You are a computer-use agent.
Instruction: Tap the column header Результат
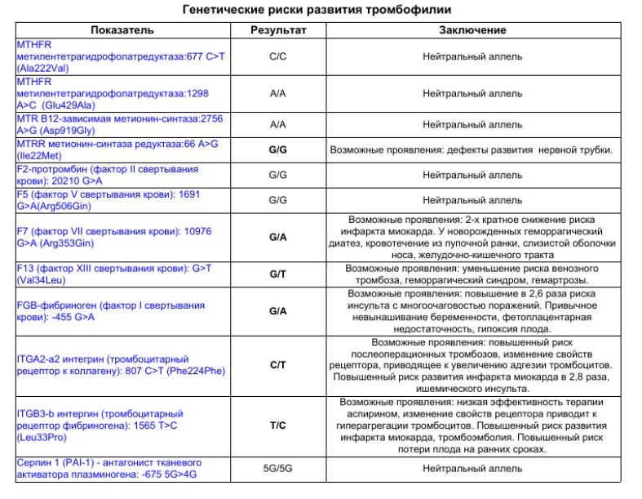pos(278,30)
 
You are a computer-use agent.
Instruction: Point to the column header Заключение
pos(472,30)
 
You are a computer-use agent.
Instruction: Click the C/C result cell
pos(278,57)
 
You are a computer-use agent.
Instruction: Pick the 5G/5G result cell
pos(278,469)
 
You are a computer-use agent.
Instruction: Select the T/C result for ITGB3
pos(278,425)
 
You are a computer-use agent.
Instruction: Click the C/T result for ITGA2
pos(278,365)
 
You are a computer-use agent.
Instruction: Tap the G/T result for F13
pos(278,274)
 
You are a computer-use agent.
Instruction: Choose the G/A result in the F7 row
pos(278,237)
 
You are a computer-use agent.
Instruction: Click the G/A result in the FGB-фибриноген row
pos(278,311)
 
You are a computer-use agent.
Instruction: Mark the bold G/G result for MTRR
pos(278,150)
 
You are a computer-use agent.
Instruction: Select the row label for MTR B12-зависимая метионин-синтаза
pos(119,124)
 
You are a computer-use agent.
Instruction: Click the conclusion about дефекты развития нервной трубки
pos(472,150)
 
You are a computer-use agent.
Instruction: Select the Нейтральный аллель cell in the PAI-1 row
pos(472,469)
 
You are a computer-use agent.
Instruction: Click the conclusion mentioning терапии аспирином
pos(472,425)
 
